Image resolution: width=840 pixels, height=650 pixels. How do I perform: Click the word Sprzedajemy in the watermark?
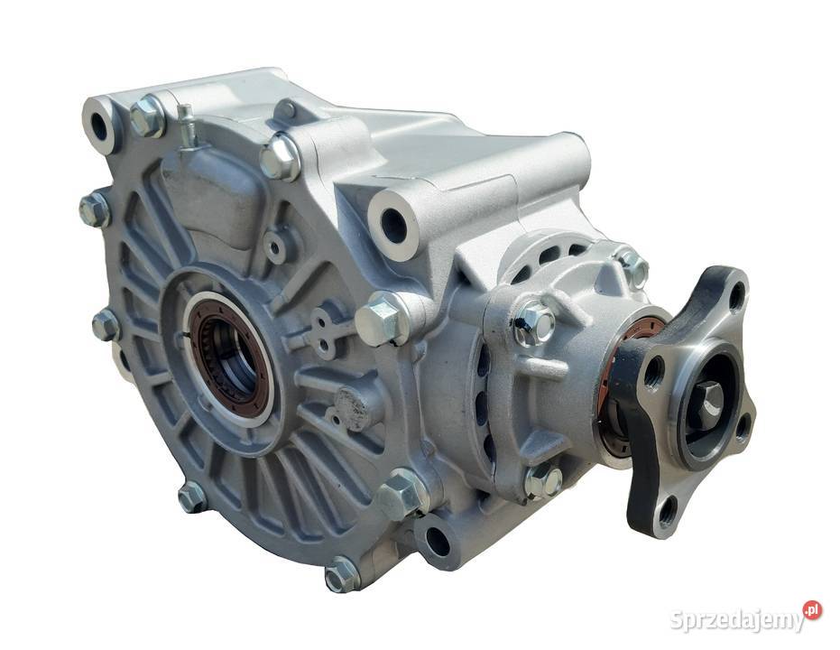[736, 620]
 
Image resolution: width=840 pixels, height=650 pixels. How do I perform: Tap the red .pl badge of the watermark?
[812, 610]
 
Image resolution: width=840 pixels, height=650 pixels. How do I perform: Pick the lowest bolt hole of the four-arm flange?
[667, 511]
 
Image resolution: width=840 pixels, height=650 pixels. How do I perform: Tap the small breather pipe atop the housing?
[187, 124]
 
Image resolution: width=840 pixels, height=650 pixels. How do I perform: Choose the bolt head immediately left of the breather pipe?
[146, 116]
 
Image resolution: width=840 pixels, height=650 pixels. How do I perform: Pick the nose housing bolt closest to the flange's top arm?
[633, 268]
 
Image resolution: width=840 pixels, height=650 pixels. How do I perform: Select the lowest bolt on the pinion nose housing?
[543, 482]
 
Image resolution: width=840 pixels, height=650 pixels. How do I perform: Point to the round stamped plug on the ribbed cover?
[353, 408]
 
